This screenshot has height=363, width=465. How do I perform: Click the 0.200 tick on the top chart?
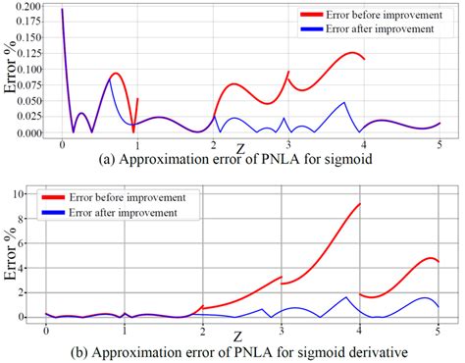(x=28, y=7)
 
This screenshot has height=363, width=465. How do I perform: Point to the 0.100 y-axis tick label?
(x=28, y=70)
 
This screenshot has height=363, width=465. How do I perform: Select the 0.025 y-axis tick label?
(x=28, y=117)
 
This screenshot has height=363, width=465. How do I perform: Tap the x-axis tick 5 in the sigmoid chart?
(x=439, y=144)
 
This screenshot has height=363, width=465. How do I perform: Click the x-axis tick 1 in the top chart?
(x=136, y=144)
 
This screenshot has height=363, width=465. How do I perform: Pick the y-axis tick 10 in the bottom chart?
(x=29, y=193)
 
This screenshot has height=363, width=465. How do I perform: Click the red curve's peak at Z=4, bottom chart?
(x=360, y=204)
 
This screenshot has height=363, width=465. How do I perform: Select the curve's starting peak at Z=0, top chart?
(x=62, y=10)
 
